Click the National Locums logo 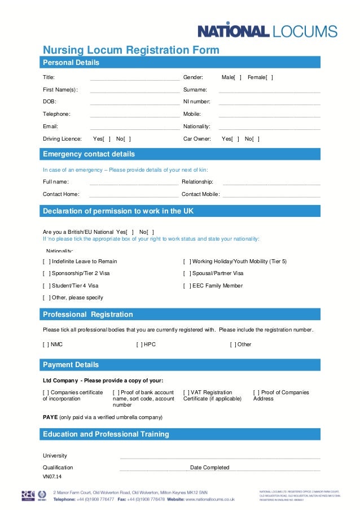267,31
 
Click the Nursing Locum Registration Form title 131,50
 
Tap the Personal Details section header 71,63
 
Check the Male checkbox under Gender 238,77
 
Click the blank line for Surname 269,90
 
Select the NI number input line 269,103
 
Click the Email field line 134,128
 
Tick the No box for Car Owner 257,139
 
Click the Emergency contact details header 89,154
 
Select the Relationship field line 271,183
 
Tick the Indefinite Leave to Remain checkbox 47,261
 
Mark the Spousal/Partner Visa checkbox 187,273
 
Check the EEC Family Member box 187,286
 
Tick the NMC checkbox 47,344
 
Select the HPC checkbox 140,344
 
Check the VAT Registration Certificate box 187,393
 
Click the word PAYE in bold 50,417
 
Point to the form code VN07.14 52,477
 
